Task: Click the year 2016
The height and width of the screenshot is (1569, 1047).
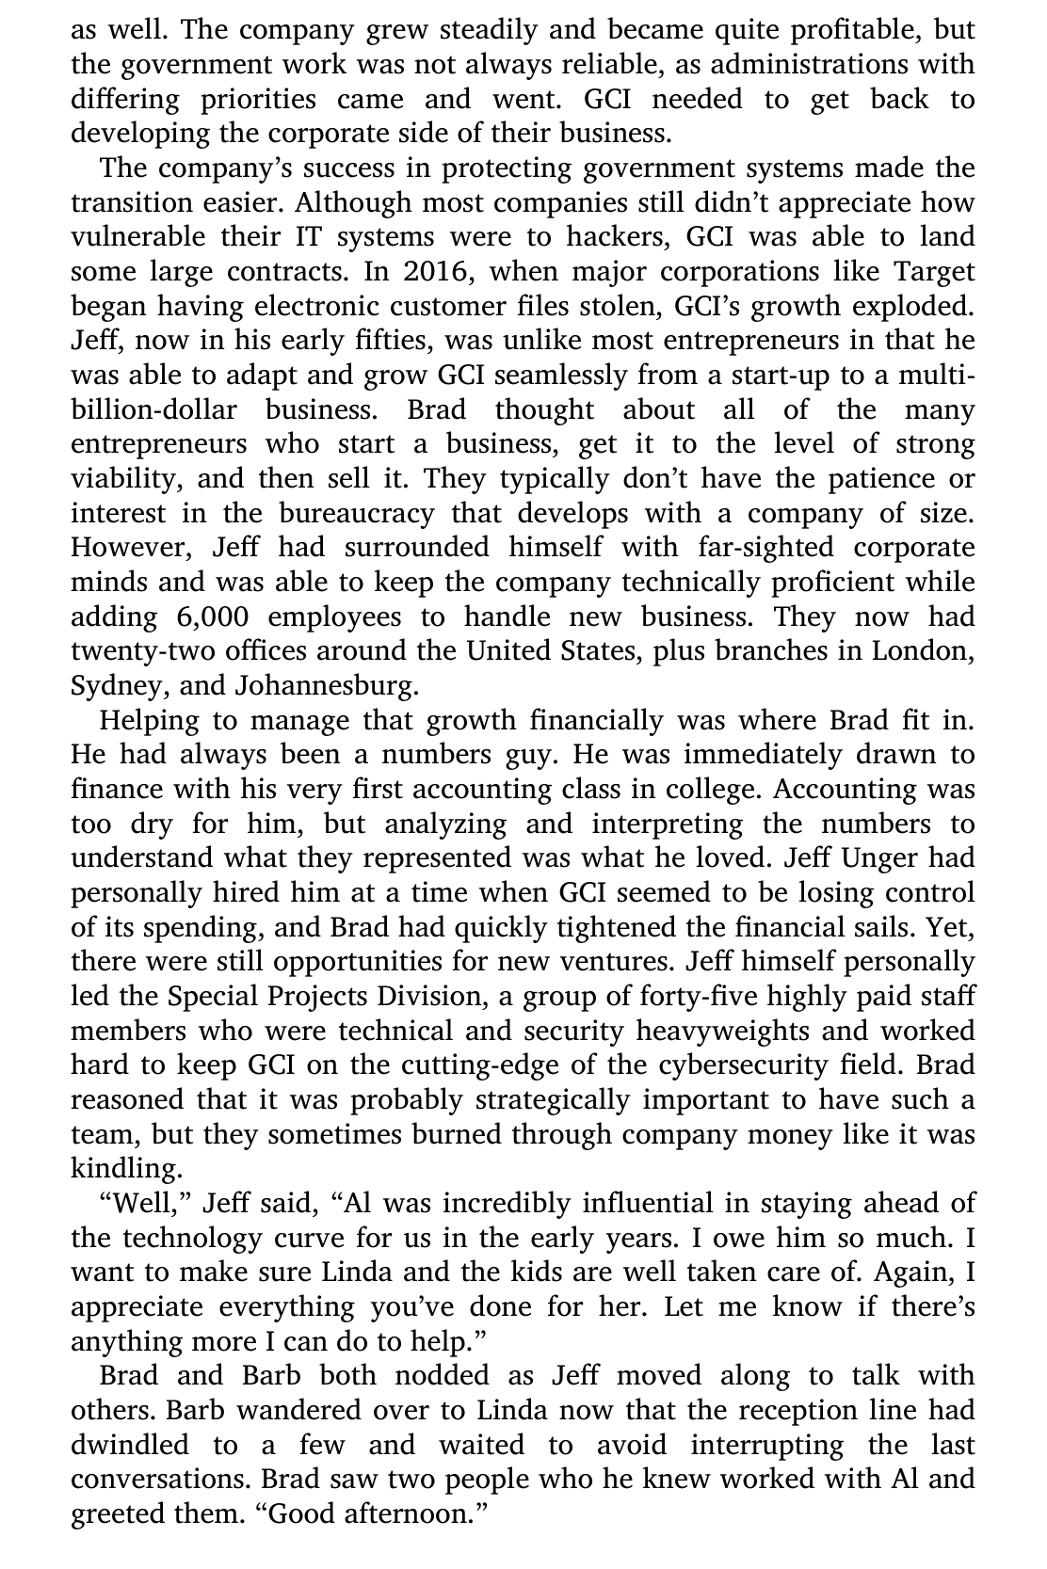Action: [435, 272]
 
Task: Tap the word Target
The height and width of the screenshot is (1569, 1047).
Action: [933, 272]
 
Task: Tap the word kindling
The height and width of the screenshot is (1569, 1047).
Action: [125, 1168]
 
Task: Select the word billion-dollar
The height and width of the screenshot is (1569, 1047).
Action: [153, 409]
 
